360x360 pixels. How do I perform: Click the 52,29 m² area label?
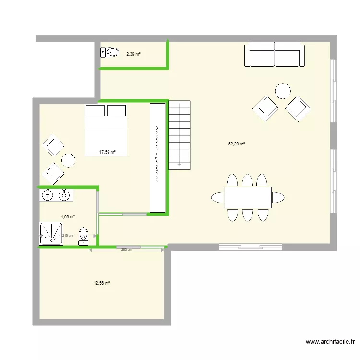coord(237,144)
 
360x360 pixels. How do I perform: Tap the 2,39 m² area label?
coord(133,54)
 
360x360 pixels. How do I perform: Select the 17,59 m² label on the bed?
coord(107,152)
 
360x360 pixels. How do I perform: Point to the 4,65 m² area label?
coord(68,217)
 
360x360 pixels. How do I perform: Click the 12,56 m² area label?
coord(102,283)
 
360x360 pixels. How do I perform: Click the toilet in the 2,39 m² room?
coord(110,52)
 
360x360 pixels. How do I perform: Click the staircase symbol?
coord(180,134)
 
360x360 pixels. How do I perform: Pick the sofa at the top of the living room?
coord(274,54)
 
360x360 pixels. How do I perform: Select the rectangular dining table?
coord(247,197)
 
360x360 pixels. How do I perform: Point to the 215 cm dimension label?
coord(67,236)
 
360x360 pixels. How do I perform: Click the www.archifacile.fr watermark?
coord(330,342)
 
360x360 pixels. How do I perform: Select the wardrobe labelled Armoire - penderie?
coord(157,156)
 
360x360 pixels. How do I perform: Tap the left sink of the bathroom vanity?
coord(48,195)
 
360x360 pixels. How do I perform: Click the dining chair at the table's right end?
coord(278,197)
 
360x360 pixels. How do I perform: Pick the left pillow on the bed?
coord(95,111)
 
